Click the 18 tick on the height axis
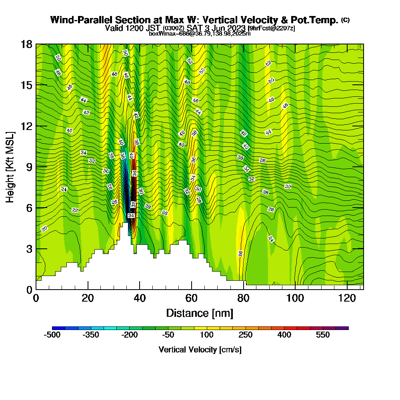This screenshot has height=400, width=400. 26,44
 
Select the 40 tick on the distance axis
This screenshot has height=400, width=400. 140,298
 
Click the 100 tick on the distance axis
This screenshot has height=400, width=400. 295,298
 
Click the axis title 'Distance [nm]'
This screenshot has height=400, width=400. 200,312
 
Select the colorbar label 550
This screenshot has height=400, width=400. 322,335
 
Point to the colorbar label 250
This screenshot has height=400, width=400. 245,335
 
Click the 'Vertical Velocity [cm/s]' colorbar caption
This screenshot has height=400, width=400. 200,350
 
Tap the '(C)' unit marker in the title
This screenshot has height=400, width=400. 345,20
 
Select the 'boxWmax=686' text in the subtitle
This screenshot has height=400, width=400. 164,34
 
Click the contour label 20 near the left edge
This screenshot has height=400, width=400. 44,228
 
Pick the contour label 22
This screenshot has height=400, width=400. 75,210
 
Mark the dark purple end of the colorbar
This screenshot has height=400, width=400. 345,328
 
